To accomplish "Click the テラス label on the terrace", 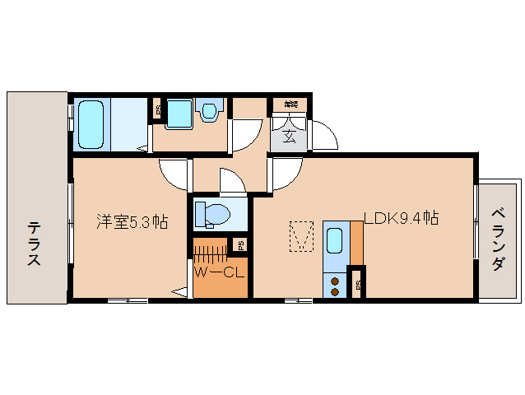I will pyautogui.click(x=34, y=243).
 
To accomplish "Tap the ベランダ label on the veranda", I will pyautogui.click(x=499, y=239).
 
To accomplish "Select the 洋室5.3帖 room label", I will pyautogui.click(x=132, y=221).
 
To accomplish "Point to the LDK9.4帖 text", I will pyautogui.click(x=401, y=219).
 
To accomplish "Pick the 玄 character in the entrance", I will pyautogui.click(x=290, y=137).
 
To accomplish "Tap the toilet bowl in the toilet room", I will pyautogui.click(x=215, y=215).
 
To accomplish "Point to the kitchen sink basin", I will pyautogui.click(x=335, y=240).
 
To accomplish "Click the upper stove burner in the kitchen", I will pyautogui.click(x=335, y=280).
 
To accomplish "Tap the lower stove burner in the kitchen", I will pyautogui.click(x=335, y=290).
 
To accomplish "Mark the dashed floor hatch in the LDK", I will pyautogui.click(x=302, y=235).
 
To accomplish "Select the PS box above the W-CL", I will pyautogui.click(x=239, y=244).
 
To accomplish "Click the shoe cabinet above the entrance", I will pyautogui.click(x=290, y=105).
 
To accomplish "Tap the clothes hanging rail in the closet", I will pyautogui.click(x=211, y=249).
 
